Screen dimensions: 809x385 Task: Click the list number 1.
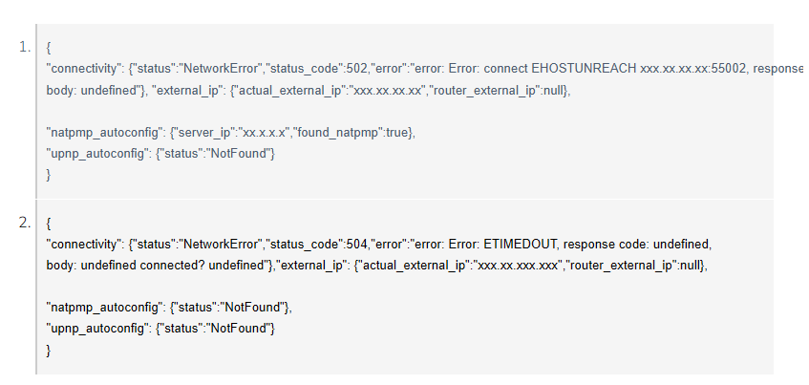click(x=25, y=48)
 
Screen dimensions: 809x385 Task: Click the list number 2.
click(x=25, y=223)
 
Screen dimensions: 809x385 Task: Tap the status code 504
click(x=357, y=244)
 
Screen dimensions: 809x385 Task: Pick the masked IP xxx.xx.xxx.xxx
click(x=518, y=266)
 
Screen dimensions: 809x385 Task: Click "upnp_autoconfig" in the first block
click(x=97, y=154)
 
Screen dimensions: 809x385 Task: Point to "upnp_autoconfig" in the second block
click(x=97, y=329)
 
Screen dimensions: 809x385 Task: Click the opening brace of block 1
click(x=49, y=48)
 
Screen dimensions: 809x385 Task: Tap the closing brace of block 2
click(x=49, y=351)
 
